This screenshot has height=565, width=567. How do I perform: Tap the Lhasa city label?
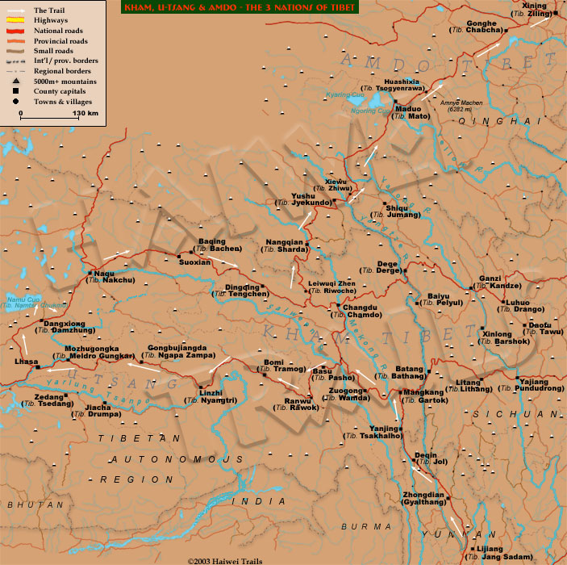(x=27, y=362)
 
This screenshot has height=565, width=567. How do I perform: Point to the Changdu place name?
(x=360, y=306)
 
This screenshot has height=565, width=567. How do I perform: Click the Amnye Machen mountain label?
(x=459, y=104)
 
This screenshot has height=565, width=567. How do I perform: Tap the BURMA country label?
(x=356, y=525)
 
